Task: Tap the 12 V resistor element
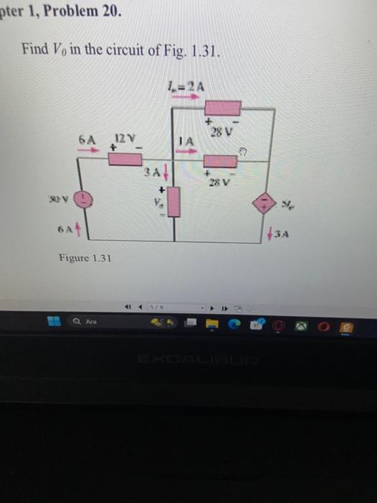[125, 158]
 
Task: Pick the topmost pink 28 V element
[223, 109]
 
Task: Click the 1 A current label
[185, 142]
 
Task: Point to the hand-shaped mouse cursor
[242, 151]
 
